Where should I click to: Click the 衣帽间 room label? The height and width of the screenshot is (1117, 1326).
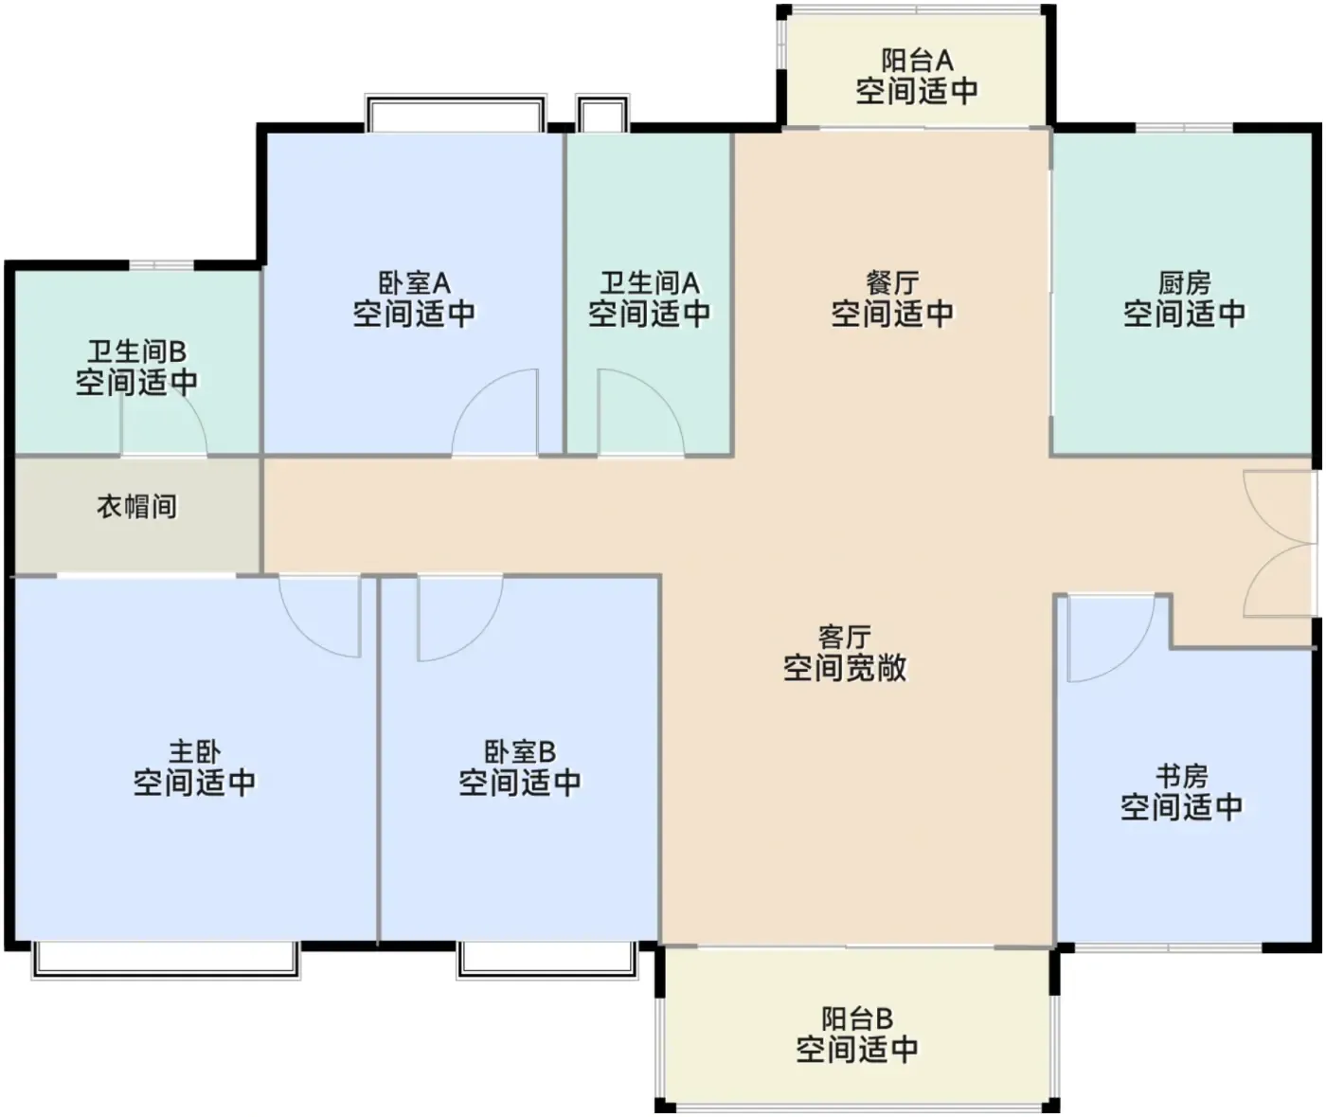[x=137, y=507]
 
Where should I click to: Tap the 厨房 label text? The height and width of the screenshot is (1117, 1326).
[x=1184, y=282]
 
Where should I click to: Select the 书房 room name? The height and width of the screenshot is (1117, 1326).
[x=1181, y=776]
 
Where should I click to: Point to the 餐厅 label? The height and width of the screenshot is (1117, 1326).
[x=892, y=282]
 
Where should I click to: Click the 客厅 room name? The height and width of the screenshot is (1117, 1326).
[x=845, y=637]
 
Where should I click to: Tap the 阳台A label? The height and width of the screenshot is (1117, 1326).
[x=917, y=61]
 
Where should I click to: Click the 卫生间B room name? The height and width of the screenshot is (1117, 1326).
[x=136, y=351]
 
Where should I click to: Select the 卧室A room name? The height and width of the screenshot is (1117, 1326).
[x=414, y=282]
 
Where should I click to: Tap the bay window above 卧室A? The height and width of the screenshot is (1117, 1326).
[x=456, y=113]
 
